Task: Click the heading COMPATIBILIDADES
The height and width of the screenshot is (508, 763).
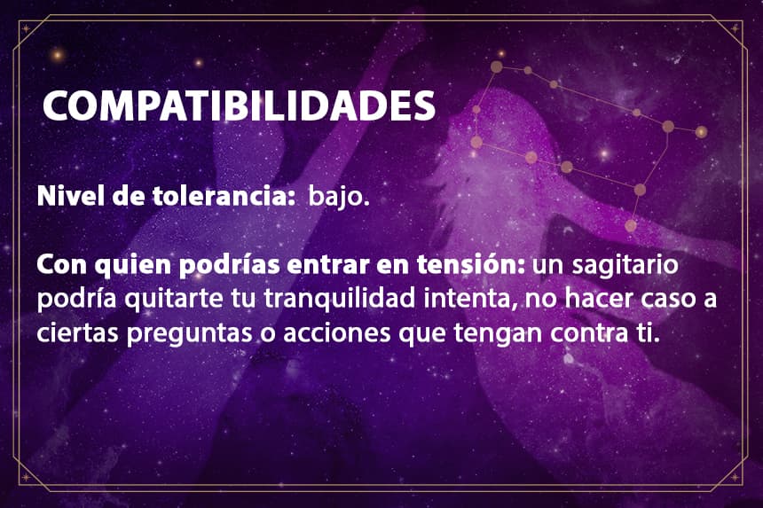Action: (x=239, y=106)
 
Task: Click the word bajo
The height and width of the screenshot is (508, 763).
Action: (x=339, y=197)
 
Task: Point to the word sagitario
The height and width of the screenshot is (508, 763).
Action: (x=625, y=265)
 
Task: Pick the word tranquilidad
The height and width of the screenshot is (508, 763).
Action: (x=339, y=299)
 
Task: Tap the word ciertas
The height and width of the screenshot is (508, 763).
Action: (x=78, y=333)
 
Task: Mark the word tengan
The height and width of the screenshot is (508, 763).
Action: (x=499, y=334)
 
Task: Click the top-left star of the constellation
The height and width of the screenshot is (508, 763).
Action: (x=496, y=67)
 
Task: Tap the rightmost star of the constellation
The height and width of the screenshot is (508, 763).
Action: (x=701, y=131)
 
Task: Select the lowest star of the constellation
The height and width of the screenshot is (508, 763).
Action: (x=631, y=225)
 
